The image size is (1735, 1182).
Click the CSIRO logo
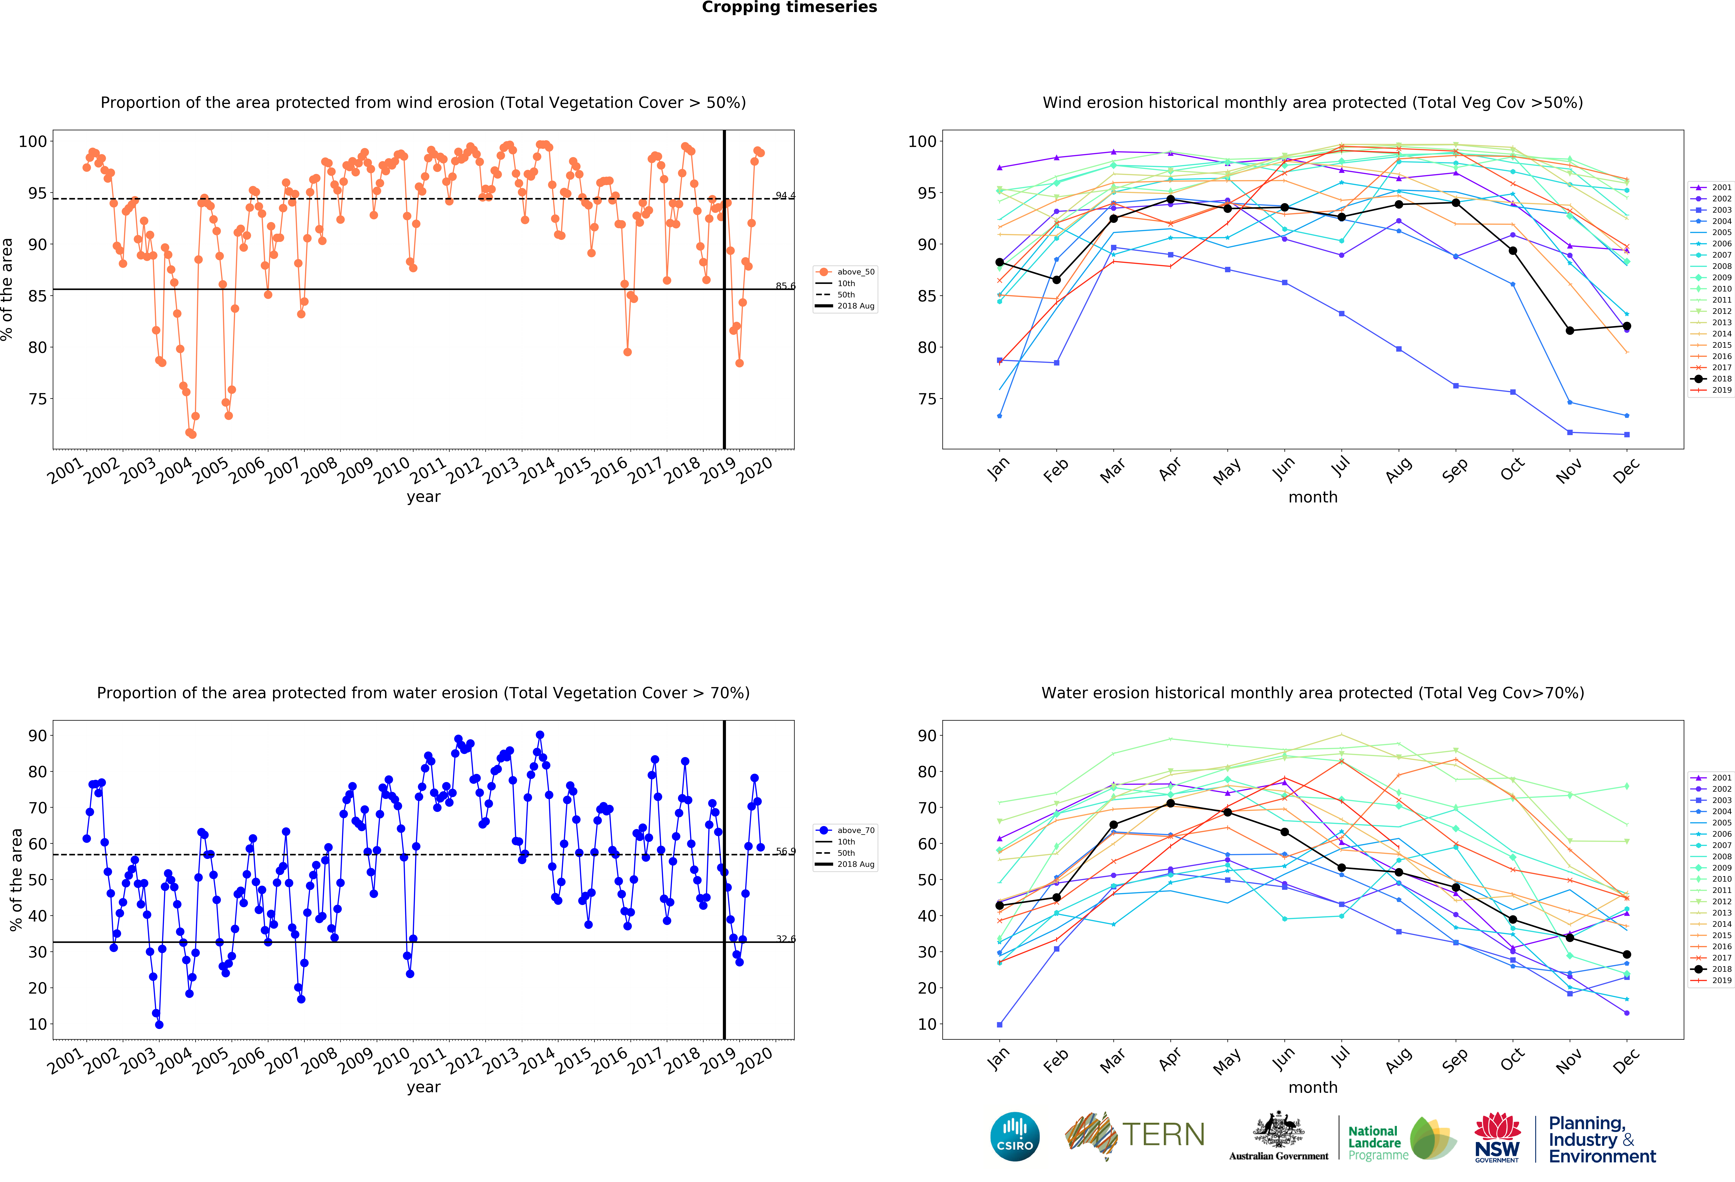tap(1015, 1136)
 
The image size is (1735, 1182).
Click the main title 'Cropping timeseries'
tap(789, 7)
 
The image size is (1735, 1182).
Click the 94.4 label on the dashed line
tap(785, 195)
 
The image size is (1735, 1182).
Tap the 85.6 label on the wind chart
tap(785, 286)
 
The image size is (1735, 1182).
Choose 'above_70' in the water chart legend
tap(856, 830)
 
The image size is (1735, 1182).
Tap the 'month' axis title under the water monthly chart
tap(1312, 1087)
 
